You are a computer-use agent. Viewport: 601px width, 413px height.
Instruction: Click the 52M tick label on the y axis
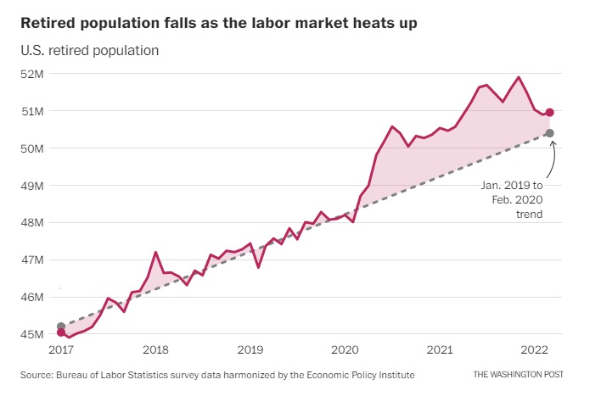coord(33,74)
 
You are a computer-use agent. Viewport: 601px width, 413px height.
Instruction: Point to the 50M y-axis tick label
coord(33,148)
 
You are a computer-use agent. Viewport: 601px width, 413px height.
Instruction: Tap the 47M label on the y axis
coord(33,260)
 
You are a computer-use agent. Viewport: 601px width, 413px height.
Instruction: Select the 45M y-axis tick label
coord(33,334)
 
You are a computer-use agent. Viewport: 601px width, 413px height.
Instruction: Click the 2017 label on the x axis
coord(61,349)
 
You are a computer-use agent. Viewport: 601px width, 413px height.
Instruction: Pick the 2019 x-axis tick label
coord(250,349)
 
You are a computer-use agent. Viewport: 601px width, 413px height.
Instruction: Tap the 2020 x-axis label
coord(345,349)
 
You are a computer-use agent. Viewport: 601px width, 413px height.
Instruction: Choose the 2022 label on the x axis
coord(533,349)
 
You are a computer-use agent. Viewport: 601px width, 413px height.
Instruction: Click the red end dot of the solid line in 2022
coord(550,112)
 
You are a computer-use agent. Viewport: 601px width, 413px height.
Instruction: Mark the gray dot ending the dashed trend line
coord(550,133)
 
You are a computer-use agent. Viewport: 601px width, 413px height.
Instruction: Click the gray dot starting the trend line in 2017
coord(61,326)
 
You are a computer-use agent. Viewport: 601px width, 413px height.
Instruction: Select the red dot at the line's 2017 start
coord(61,332)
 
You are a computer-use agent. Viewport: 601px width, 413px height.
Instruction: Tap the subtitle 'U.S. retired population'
coord(90,50)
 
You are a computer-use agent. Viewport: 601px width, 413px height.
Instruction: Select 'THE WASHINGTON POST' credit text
coord(519,374)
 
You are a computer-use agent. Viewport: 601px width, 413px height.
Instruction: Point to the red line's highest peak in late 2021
coord(519,77)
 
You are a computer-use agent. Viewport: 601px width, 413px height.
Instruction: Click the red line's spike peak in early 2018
coord(155,252)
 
